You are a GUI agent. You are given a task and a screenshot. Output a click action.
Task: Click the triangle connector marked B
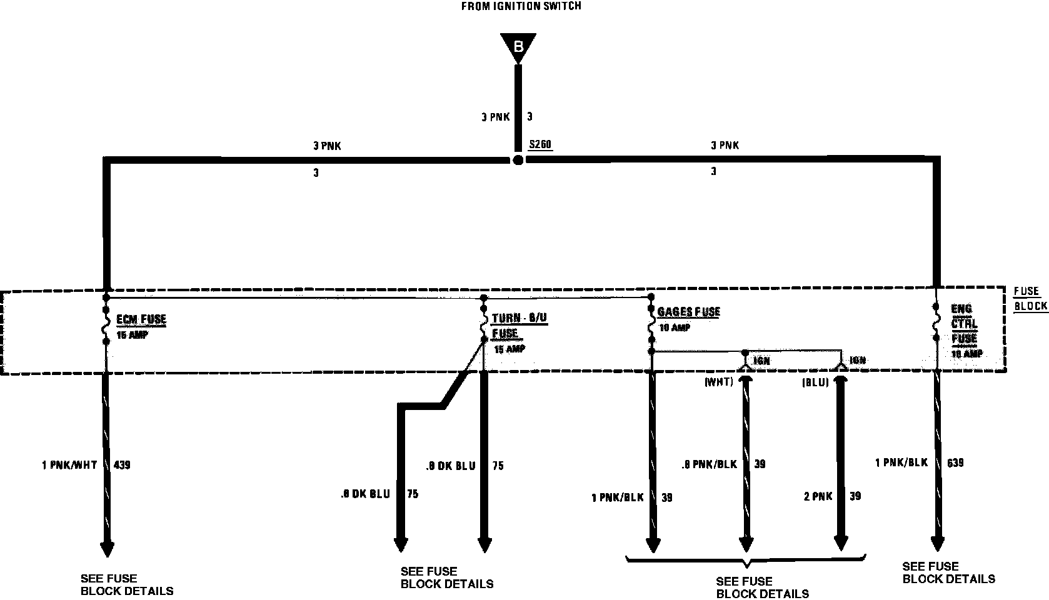(518, 47)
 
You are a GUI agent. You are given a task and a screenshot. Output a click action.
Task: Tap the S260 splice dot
(518, 160)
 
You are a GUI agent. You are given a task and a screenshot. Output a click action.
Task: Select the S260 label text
(540, 145)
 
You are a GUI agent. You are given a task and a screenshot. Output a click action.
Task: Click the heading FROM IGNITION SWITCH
(521, 6)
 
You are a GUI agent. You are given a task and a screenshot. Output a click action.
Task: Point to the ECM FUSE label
(141, 319)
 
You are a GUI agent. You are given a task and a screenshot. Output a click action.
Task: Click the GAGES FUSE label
(688, 312)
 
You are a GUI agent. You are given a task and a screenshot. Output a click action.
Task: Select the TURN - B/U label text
(519, 318)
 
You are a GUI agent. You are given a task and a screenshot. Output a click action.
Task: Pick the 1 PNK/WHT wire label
(69, 465)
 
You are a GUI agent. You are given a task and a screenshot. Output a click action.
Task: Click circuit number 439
(122, 465)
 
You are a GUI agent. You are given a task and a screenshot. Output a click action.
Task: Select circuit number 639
(955, 462)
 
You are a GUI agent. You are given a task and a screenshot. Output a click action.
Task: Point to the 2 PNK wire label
(818, 496)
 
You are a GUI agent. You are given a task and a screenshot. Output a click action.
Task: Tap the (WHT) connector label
(718, 382)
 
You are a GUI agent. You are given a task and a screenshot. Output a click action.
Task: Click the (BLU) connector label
(815, 382)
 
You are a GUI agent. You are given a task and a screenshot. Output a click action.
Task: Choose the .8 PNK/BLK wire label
(709, 464)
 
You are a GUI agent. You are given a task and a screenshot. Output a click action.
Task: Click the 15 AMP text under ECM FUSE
(133, 335)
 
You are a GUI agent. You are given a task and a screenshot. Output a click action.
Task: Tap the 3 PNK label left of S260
(327, 146)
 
